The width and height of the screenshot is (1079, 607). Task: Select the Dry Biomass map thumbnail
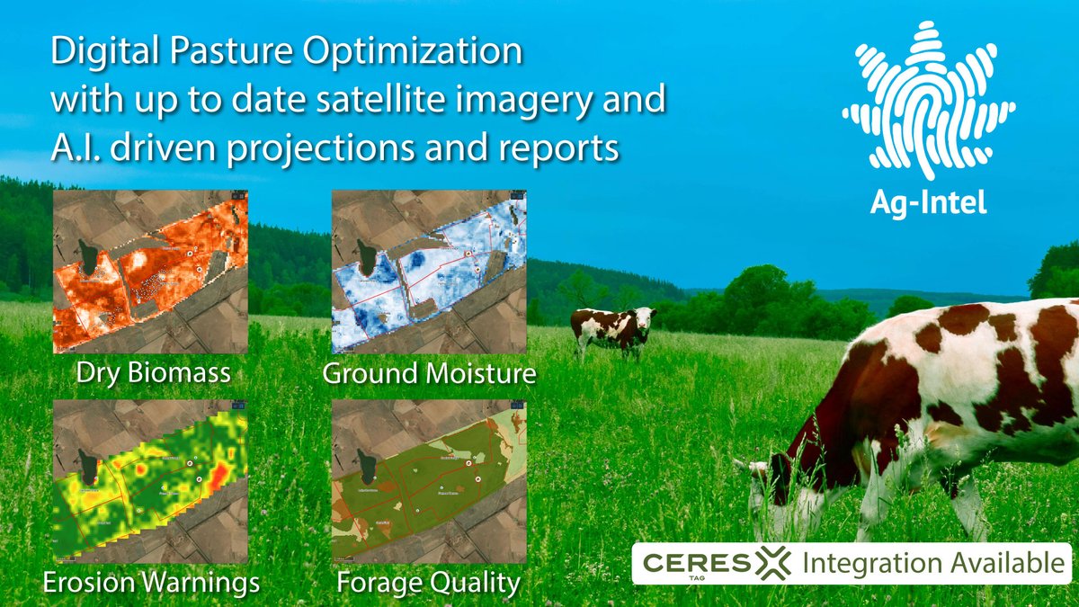coord(150,272)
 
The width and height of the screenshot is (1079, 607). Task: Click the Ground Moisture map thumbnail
coord(428,272)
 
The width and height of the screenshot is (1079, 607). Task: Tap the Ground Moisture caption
coord(429,372)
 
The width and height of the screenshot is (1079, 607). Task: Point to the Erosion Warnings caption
coord(151,583)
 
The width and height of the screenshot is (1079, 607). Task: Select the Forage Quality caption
coord(428,583)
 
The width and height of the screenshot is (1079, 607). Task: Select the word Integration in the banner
coord(860,565)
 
